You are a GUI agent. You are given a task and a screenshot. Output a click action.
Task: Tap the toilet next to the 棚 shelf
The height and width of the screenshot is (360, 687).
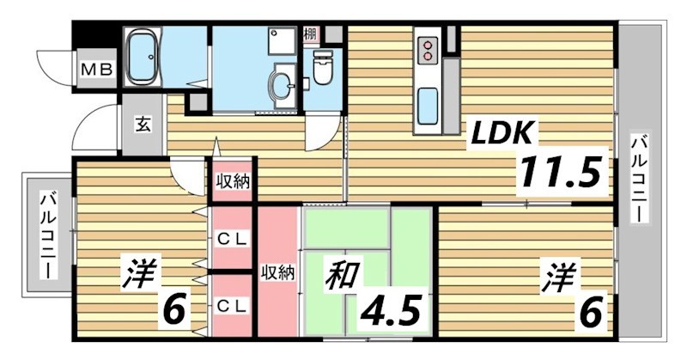(x=323, y=68)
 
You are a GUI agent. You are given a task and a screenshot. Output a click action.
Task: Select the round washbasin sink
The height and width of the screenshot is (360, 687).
(x=281, y=83)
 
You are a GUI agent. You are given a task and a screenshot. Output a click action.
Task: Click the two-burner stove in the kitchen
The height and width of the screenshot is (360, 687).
(x=427, y=49)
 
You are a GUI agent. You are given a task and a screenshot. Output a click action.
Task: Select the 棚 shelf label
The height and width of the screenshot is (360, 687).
(x=311, y=35)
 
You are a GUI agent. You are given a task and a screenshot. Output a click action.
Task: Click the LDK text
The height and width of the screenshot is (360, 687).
(x=501, y=133)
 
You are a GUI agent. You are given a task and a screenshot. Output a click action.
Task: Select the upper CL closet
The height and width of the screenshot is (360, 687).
(x=231, y=241)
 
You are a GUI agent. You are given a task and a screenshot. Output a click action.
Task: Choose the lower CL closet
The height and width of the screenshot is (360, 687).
(x=231, y=304)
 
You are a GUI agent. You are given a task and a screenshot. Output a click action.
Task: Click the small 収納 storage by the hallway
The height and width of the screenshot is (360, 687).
(x=231, y=181)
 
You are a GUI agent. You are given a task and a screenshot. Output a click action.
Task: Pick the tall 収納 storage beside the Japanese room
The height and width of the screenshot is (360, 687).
(x=277, y=272)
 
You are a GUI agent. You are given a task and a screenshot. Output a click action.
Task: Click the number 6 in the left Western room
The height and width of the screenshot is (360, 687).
(x=173, y=308)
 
